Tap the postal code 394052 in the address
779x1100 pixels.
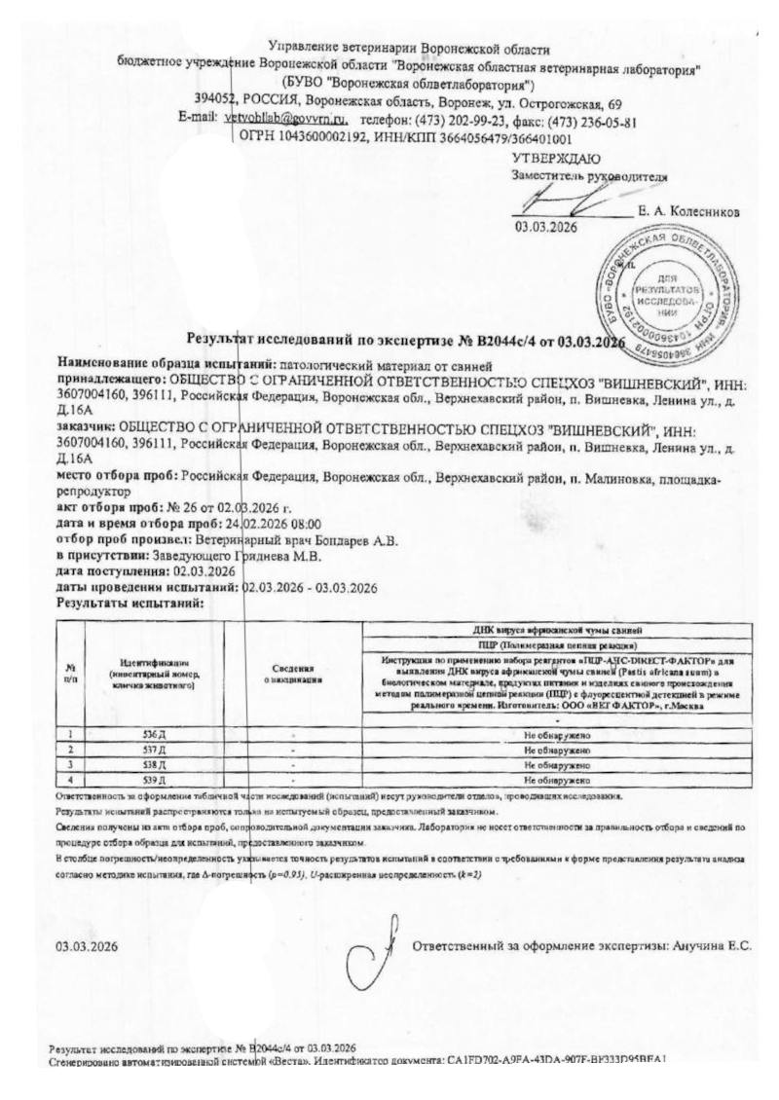(x=214, y=103)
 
